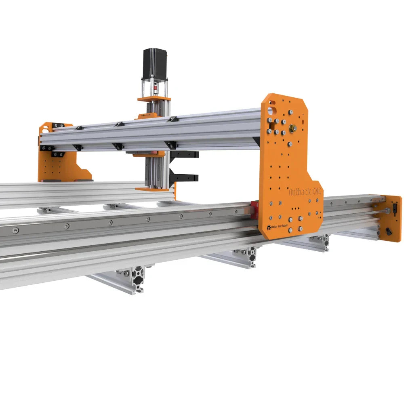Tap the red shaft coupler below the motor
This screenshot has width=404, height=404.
pyautogui.click(x=154, y=86)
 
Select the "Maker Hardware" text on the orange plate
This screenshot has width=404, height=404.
pyautogui.click(x=279, y=227)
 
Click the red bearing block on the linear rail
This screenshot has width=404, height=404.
pyautogui.click(x=254, y=210)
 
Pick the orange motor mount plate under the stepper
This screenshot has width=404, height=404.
pyautogui.click(x=154, y=99)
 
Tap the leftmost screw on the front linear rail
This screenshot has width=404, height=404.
pyautogui.click(x=15, y=231)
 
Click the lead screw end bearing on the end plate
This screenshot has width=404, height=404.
pyautogui.click(x=387, y=210)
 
